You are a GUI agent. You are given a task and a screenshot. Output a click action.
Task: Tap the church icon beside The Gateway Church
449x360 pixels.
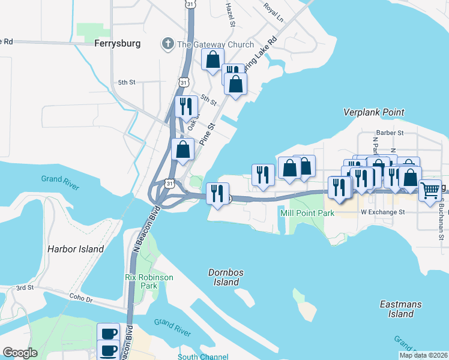click(x=167, y=43)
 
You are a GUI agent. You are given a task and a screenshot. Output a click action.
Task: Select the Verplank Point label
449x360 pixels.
click(x=373, y=112)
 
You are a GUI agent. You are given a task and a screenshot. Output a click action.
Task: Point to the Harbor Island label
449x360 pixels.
click(x=76, y=248)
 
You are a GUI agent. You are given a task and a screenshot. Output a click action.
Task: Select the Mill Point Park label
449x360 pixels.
click(x=302, y=212)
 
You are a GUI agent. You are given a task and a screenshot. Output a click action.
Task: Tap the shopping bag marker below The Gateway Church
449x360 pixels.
click(x=212, y=60)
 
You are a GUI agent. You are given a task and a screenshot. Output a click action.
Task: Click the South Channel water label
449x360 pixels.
click(x=203, y=356)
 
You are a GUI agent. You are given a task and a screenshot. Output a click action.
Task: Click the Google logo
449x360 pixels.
click(x=19, y=353)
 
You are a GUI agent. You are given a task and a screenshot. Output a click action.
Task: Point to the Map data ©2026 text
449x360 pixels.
click(x=423, y=355)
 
